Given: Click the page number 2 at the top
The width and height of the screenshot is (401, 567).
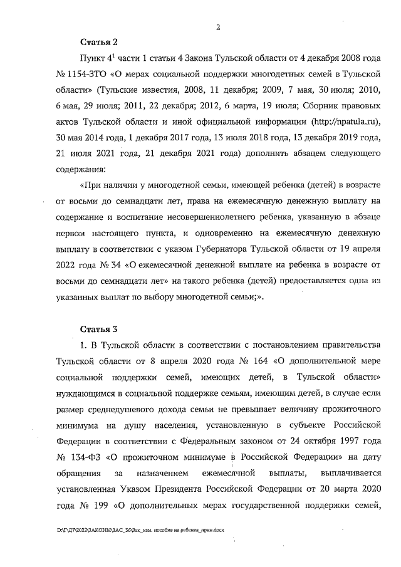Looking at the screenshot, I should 217,27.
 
